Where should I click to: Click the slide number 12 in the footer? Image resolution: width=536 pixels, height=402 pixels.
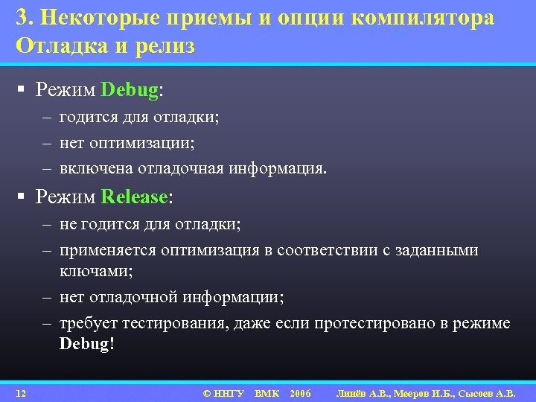click(22, 392)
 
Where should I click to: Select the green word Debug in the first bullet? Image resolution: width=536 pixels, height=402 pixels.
click(130, 91)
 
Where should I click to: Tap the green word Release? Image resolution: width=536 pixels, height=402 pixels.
click(134, 197)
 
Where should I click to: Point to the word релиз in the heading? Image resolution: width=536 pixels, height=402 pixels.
click(165, 46)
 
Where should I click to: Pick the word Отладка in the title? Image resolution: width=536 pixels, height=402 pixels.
click(58, 46)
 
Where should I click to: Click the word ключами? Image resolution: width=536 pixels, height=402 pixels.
click(96, 271)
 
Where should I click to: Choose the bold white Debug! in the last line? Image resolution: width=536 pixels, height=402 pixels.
click(87, 345)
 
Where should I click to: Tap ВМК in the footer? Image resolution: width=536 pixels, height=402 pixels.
click(267, 392)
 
